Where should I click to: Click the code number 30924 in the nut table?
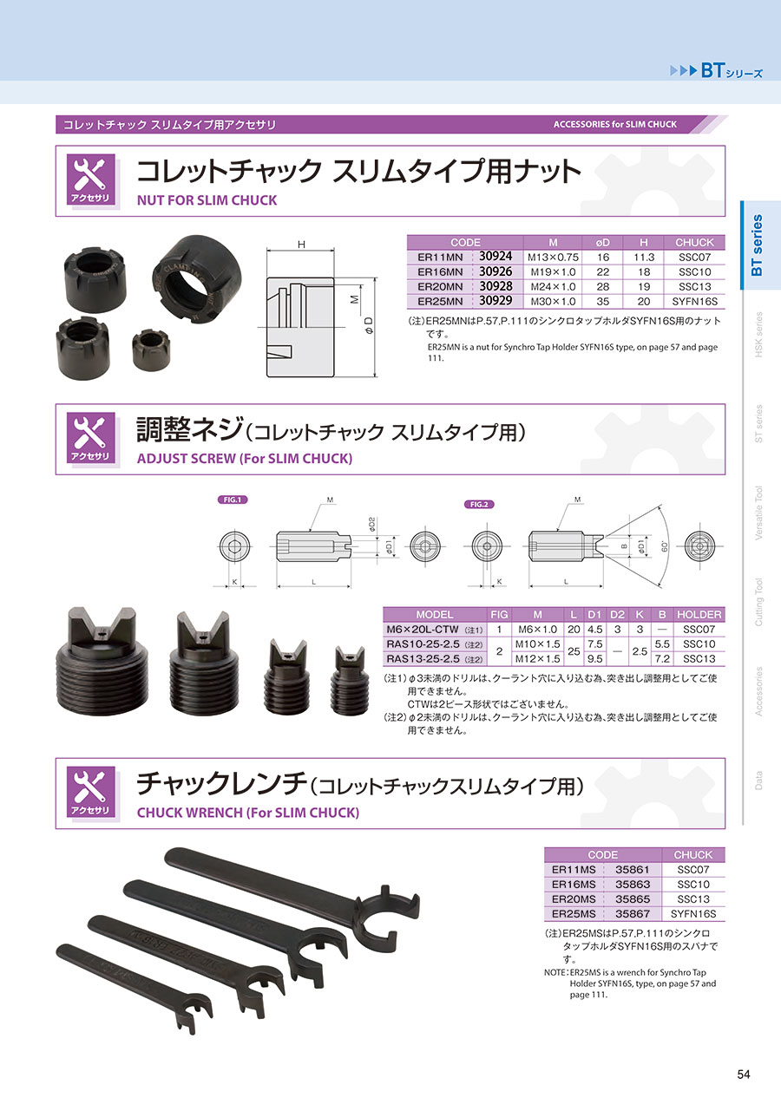coord(496,257)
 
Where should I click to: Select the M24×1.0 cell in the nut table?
coord(554,287)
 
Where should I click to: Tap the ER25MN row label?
coord(440,301)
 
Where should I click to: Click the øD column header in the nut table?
coord(602,243)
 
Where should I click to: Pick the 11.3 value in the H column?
coord(643,258)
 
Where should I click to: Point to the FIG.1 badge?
coord(233,500)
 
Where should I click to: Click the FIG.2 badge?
coord(479,504)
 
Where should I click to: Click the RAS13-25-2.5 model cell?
coord(423,659)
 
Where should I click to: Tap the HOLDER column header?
coord(699,615)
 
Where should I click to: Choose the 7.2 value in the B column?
coord(661,659)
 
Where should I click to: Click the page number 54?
coord(744,1074)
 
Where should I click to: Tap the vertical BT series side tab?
coord(757,245)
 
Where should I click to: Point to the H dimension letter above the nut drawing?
coord(301,244)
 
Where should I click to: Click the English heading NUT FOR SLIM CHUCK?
coord(207,200)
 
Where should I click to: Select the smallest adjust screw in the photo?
coord(349,680)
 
